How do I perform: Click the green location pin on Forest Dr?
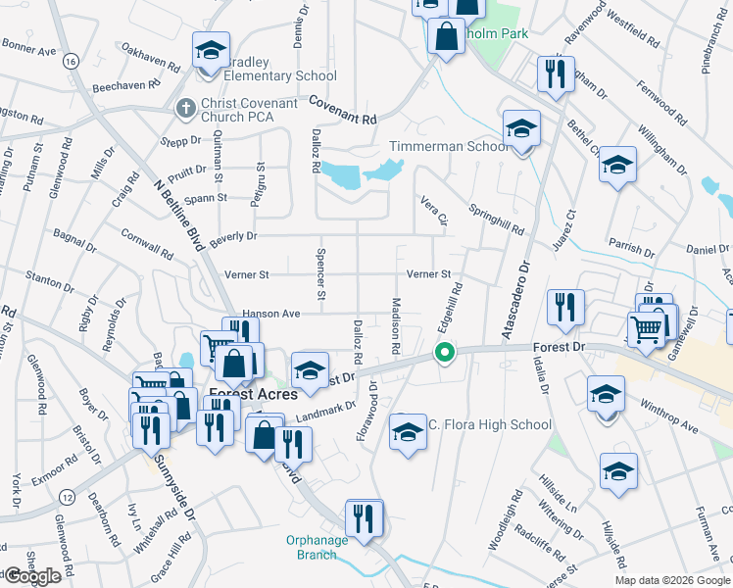coord(445,353)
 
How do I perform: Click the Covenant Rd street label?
coord(343,110)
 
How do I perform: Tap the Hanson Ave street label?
coord(269,313)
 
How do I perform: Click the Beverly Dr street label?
coord(232,236)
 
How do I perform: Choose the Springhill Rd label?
coord(496,219)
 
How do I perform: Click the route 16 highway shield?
coord(69,61)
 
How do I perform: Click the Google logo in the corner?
coord(32,576)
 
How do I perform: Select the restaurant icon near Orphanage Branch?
coord(365,520)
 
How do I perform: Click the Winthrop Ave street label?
coord(668,415)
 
